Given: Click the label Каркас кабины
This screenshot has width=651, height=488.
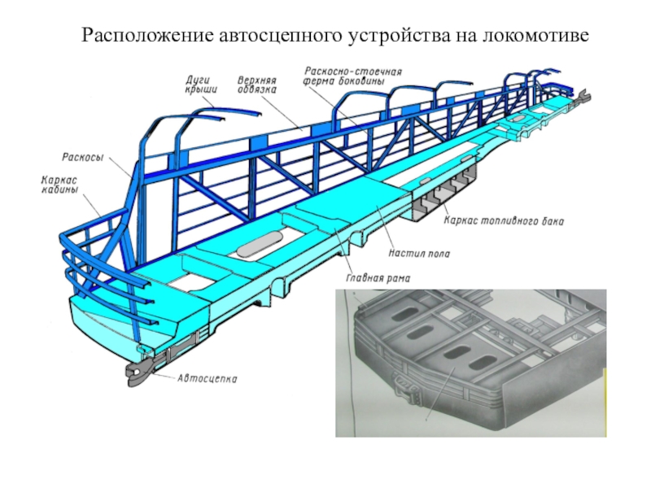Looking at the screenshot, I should point(60,186).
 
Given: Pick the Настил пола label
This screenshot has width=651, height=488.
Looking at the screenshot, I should point(419,254).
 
